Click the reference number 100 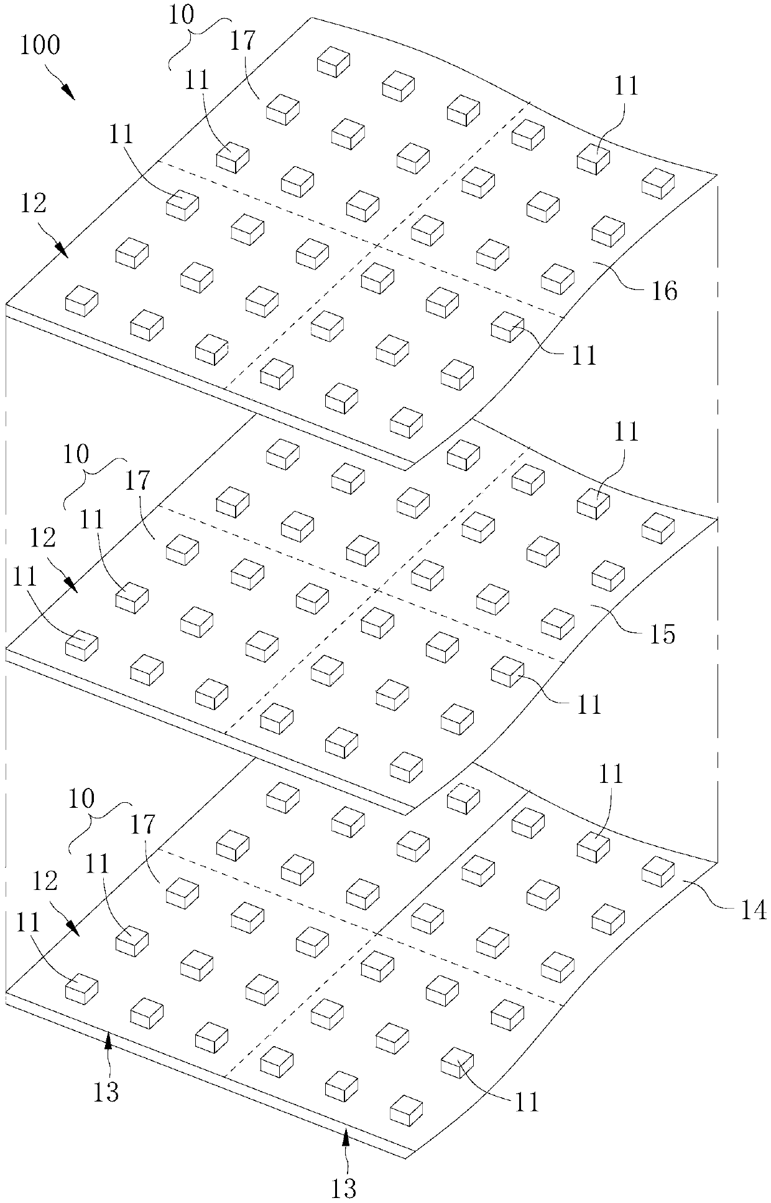[40, 45]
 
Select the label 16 [663, 290]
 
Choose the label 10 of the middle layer [76, 454]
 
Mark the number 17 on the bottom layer [142, 825]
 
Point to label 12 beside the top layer [33, 204]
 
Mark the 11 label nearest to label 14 [611, 774]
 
